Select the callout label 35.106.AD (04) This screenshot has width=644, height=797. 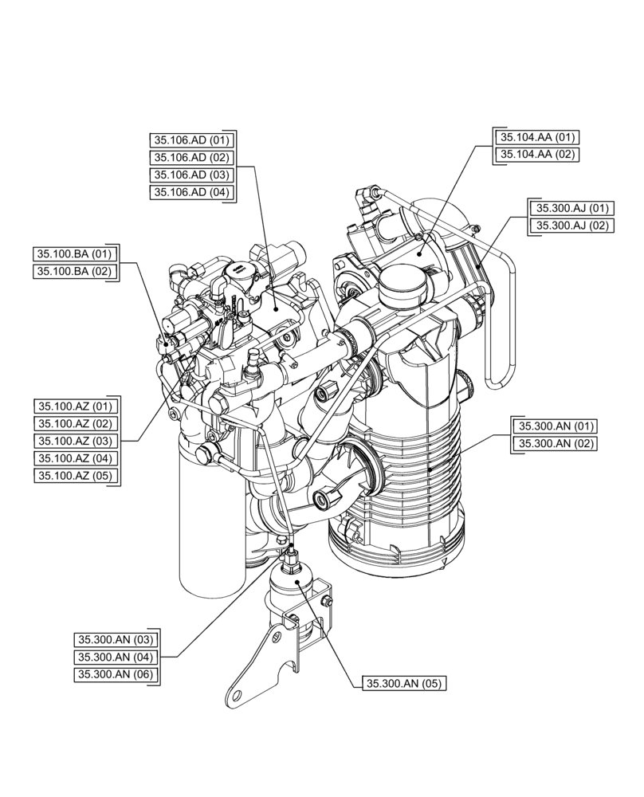click(191, 192)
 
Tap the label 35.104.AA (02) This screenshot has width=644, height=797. click(537, 154)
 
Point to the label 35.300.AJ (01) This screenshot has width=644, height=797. click(572, 208)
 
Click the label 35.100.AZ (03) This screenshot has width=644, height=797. click(76, 441)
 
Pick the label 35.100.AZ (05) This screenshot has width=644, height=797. click(76, 476)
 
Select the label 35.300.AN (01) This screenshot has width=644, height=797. click(555, 426)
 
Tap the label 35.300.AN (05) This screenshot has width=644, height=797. click(404, 683)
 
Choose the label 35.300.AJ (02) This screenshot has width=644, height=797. click(572, 226)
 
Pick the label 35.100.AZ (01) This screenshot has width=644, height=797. click(76, 406)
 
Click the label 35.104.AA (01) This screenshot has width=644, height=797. click(537, 136)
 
